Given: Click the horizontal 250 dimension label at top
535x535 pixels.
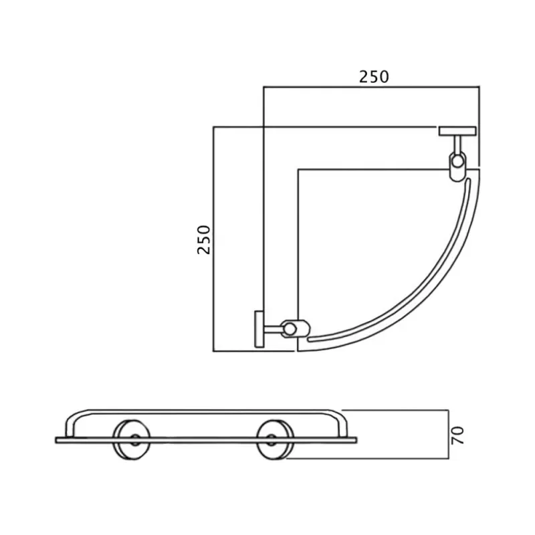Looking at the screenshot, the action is (374, 77).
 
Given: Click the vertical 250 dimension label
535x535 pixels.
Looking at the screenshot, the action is (204, 239).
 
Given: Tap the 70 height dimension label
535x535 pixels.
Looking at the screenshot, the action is (457, 435).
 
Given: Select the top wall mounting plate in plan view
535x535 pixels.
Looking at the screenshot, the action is (457, 131).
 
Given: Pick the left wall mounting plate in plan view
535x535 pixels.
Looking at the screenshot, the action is (259, 329).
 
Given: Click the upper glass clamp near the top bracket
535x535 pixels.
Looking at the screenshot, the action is (457, 166).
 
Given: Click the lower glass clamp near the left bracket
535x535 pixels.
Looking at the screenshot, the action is (294, 328).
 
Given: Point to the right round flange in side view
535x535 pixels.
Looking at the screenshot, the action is (276, 439).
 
